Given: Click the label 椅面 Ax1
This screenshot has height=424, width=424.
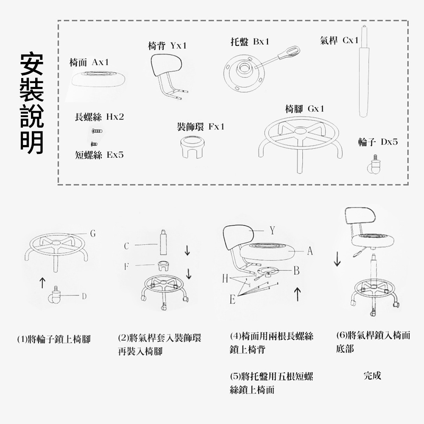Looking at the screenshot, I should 89,62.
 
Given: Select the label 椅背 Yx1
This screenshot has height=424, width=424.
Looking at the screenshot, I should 167,46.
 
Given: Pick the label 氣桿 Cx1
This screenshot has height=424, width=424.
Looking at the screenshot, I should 339,41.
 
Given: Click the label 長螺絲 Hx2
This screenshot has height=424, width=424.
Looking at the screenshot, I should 100,116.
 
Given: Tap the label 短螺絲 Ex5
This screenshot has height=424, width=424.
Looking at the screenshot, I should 100,155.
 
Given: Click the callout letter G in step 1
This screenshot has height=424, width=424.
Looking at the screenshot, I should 93,234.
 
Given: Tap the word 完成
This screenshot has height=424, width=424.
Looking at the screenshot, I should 372,376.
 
